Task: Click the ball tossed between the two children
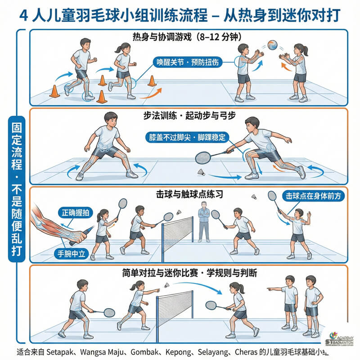click(272, 45)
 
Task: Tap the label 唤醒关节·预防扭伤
click(187, 62)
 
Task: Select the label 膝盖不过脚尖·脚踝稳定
click(187, 137)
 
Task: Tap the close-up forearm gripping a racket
click(54, 225)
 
